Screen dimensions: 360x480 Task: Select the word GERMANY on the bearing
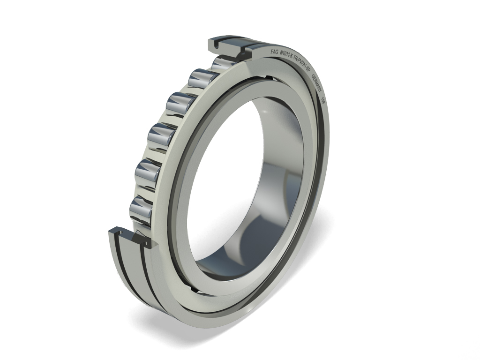317,83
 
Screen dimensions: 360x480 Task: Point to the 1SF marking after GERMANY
323,99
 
